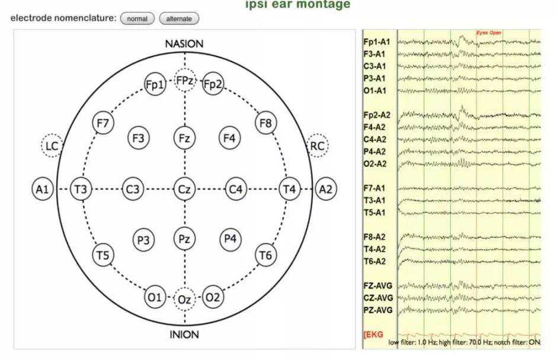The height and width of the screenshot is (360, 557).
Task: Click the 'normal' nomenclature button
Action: coord(137,19)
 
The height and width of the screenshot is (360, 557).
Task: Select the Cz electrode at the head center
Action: coord(184,190)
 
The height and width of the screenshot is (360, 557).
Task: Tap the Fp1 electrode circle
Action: coord(155,85)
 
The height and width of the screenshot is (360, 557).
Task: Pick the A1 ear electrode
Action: coord(41,190)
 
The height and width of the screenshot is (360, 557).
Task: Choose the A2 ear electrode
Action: coord(325,190)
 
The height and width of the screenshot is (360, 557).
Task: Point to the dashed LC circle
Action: coord(52,145)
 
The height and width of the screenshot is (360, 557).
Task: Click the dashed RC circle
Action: coord(318,145)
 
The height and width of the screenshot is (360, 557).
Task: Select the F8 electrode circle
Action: coord(265,123)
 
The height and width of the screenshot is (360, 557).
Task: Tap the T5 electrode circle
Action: coord(103,256)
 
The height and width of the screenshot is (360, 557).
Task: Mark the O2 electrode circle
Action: coord(213,297)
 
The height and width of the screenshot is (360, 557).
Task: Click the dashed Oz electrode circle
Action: coord(184,300)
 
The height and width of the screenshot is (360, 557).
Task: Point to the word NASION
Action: coord(184,44)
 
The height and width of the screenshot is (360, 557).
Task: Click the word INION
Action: coord(184,334)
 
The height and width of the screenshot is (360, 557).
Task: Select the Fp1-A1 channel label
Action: coord(376,42)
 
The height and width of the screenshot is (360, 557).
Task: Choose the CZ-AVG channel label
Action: coord(378,298)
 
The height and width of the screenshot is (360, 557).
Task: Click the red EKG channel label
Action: coord(373,335)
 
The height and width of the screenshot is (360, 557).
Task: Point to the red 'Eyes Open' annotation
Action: coord(489,33)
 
